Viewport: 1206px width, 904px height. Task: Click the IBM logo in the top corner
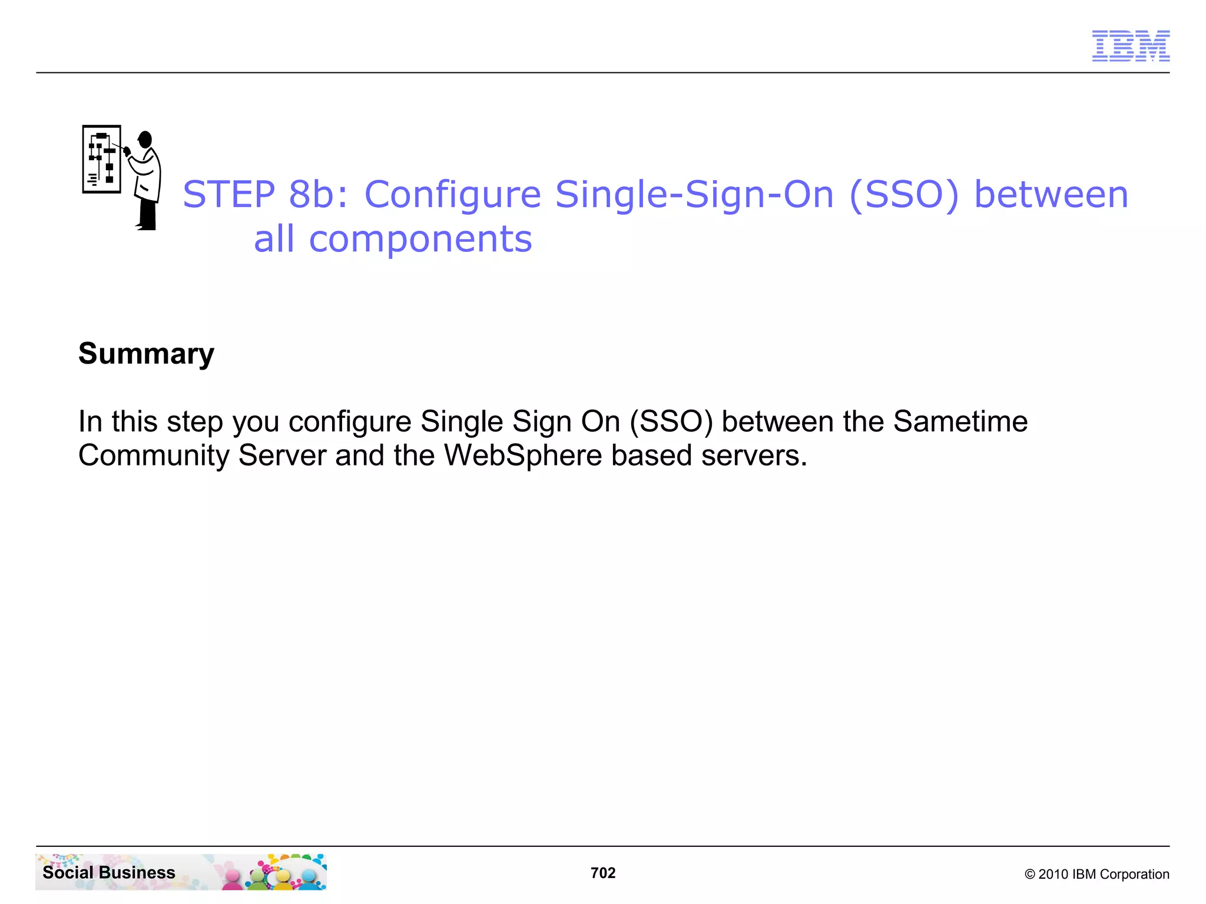[1131, 46]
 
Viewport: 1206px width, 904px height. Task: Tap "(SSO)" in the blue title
[904, 194]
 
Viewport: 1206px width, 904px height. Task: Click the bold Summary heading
[146, 354]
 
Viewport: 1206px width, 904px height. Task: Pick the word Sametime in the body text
[960, 421]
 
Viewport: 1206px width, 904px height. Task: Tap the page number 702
[603, 873]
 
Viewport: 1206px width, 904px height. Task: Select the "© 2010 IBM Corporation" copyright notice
[1096, 874]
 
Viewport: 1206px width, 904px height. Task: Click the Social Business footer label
[109, 872]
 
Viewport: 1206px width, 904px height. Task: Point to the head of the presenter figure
[145, 139]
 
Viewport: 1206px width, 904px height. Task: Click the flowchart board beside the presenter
[102, 159]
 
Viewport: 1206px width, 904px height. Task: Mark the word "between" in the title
[1051, 194]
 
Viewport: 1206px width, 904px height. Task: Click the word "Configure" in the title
[452, 194]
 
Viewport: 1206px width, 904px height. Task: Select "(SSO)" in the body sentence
[671, 421]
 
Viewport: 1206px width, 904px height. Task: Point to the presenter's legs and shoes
[147, 215]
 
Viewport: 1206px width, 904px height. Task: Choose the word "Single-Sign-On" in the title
[695, 194]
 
